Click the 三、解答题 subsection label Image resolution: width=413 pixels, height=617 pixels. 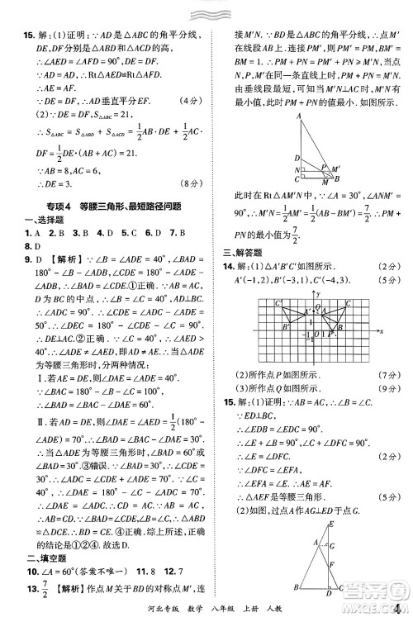(x=240, y=254)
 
